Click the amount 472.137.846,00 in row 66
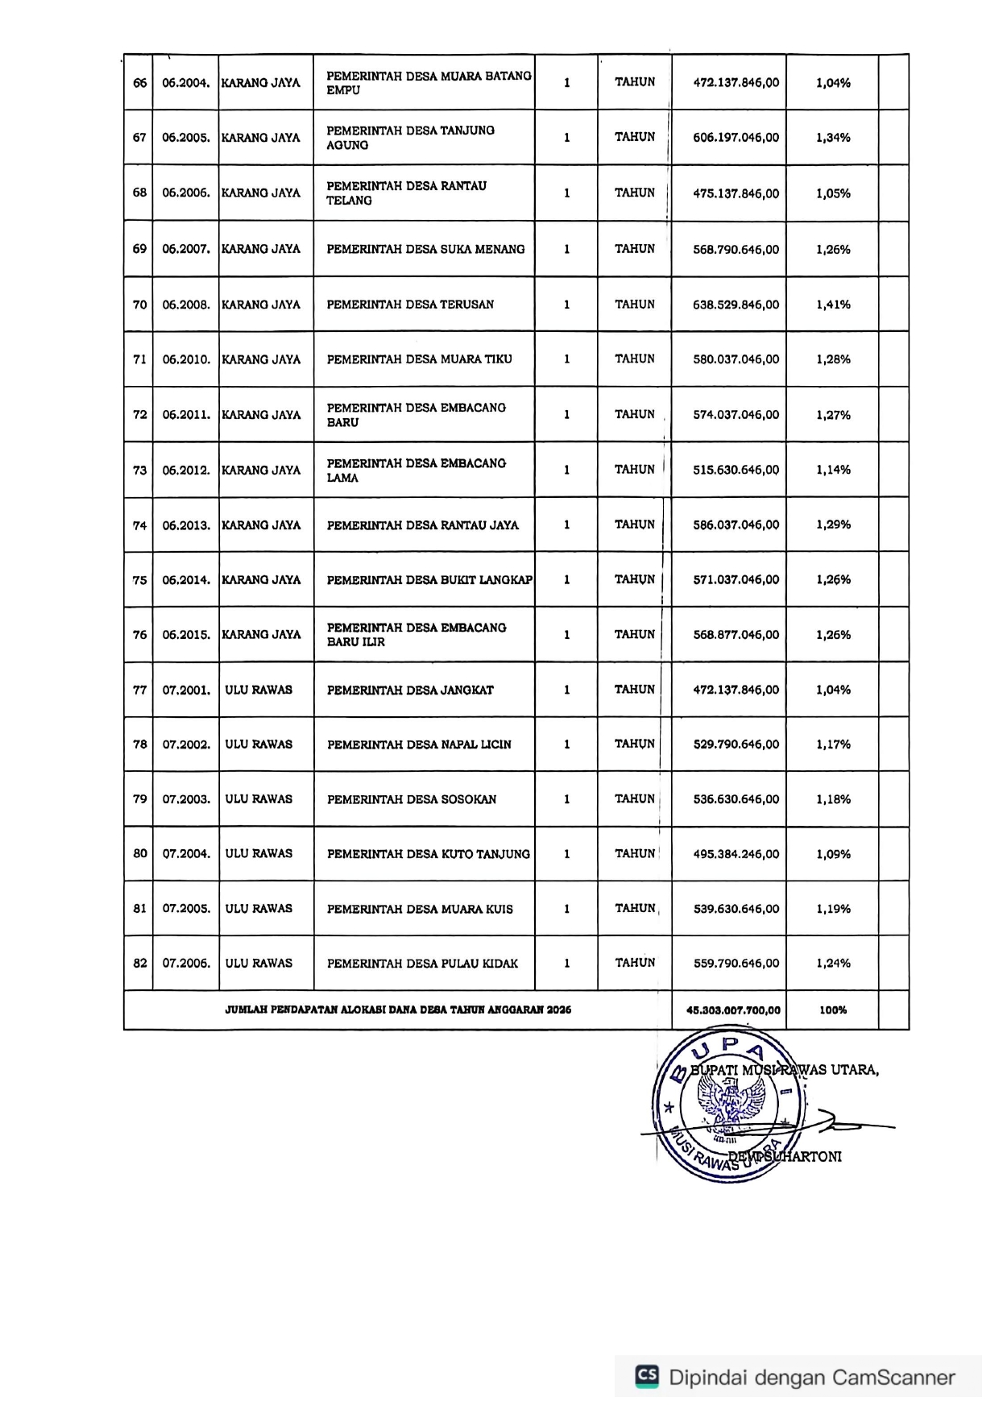click(736, 82)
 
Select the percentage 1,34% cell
click(832, 138)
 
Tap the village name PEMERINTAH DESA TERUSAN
click(410, 305)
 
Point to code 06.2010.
click(186, 359)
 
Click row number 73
click(139, 470)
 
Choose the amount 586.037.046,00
click(736, 525)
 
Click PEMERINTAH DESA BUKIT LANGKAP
click(429, 580)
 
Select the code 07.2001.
click(186, 690)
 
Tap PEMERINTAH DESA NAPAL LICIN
click(419, 744)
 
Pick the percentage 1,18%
click(832, 799)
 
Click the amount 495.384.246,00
click(736, 854)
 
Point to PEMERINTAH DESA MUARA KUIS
click(420, 909)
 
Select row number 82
click(139, 964)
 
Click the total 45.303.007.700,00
click(732, 1010)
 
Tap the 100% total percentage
click(832, 1010)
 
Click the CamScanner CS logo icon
click(647, 1376)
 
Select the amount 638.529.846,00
click(736, 305)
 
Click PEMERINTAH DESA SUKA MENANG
click(425, 250)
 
